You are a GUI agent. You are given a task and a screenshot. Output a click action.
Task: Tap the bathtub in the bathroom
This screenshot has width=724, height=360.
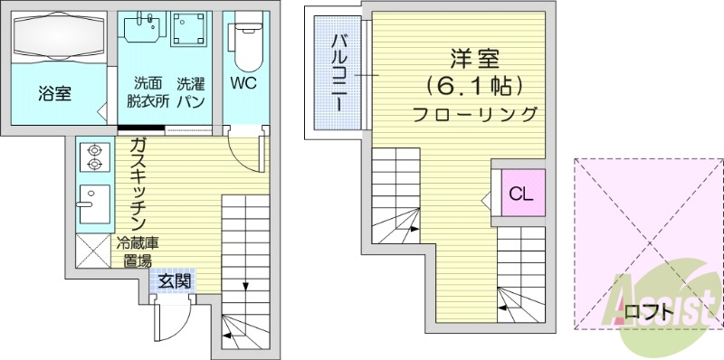pyautogui.click(x=56, y=36)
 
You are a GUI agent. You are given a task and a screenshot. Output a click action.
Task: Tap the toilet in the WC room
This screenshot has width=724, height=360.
pyautogui.click(x=246, y=41)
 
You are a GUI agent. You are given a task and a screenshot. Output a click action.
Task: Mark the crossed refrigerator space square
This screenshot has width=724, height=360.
pyautogui.click(x=93, y=251)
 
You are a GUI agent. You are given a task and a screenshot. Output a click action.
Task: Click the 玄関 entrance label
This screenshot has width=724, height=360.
pyautogui.click(x=174, y=280)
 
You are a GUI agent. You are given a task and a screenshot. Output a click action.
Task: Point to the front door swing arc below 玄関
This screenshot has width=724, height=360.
pyautogui.click(x=174, y=321)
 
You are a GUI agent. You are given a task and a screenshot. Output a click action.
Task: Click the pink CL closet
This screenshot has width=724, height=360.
pyautogui.click(x=519, y=193)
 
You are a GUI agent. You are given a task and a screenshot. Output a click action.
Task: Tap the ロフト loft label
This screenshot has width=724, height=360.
pyautogui.click(x=649, y=313)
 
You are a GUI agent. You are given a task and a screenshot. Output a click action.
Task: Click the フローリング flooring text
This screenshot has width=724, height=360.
pyautogui.click(x=474, y=115)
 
